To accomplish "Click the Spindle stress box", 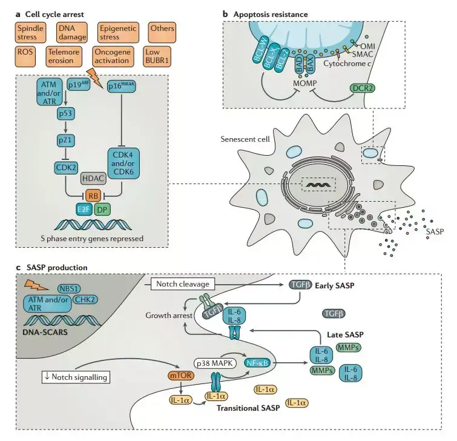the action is tap(31, 32).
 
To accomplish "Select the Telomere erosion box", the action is tap(64, 56).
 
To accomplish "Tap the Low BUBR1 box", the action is tap(157, 56).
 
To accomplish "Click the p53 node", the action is tap(65, 113).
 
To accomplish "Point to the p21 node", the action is tap(65, 141).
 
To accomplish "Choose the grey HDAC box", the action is tap(93, 179).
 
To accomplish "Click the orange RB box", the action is tap(93, 196).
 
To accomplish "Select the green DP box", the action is tap(102, 210).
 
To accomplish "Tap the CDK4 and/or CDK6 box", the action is tap(123, 164).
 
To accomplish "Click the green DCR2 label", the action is tap(363, 88).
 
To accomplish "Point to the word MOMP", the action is tap(305, 84).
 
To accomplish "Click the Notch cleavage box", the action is tap(183, 283).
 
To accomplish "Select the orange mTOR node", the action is tap(181, 376).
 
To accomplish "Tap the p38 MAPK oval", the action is tap(215, 363).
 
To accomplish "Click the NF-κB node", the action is tap(257, 363).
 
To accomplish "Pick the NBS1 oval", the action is tap(70, 289).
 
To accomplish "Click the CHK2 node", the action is tap(85, 299).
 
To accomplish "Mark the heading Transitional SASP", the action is tap(248, 408).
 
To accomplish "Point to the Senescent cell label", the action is tap(245, 139).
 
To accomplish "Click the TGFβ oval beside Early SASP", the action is tap(300, 285).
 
